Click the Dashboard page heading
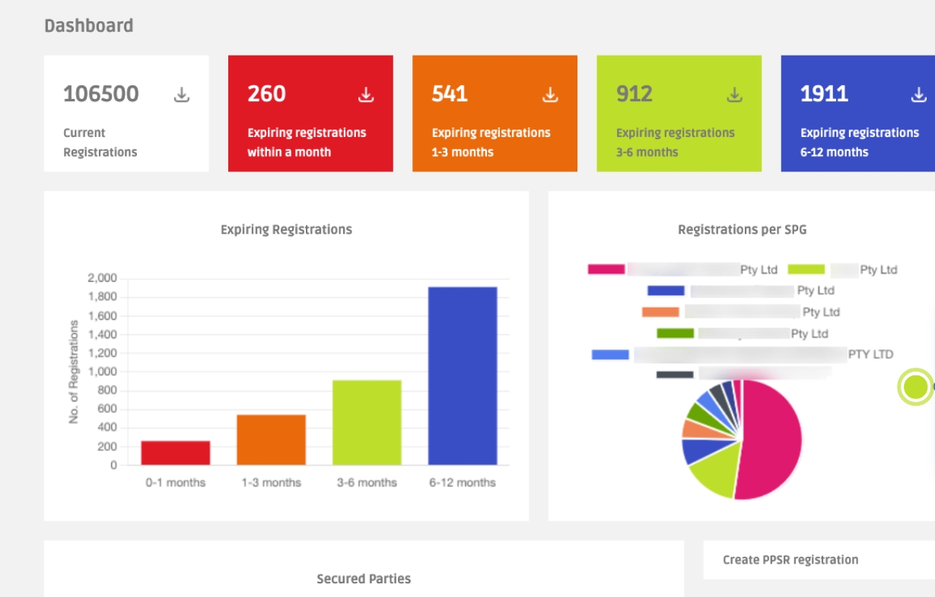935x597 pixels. click(88, 26)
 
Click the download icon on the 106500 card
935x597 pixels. click(181, 95)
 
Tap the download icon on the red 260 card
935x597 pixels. click(366, 95)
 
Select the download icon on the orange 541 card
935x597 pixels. click(550, 95)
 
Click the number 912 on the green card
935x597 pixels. click(634, 94)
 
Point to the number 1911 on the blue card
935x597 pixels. click(824, 94)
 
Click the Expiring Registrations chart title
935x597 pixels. click(286, 229)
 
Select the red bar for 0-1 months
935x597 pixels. click(175, 452)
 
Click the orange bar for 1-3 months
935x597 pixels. click(271, 439)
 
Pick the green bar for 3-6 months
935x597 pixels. click(367, 423)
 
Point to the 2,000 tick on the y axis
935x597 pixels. click(102, 279)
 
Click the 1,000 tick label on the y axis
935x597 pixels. click(102, 372)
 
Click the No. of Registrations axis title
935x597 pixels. click(74, 372)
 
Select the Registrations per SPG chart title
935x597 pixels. click(741, 229)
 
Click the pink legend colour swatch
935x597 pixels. click(606, 270)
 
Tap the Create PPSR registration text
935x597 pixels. click(790, 560)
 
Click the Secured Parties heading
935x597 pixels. click(364, 579)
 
